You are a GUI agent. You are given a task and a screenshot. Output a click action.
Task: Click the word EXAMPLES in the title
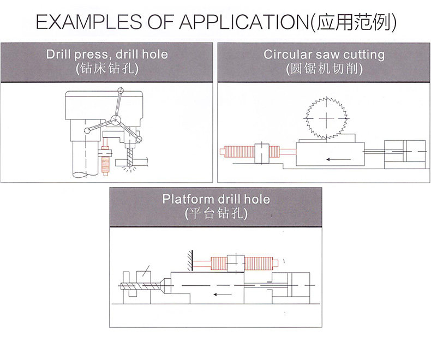coord(89,22)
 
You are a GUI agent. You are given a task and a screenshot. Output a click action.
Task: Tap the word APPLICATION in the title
coord(244,22)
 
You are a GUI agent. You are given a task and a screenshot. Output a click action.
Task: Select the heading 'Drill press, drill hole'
coord(107,54)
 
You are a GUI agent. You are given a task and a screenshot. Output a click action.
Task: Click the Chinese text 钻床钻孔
coord(107,68)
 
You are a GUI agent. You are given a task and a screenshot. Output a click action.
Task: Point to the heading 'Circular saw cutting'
coord(324,54)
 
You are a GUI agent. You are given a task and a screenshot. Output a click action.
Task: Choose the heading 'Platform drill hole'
coord(216,199)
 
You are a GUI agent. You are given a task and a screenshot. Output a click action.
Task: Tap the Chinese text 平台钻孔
coord(216,213)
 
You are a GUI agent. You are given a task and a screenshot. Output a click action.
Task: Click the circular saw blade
coord(327,118)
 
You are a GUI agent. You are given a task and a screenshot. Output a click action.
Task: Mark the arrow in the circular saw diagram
coord(339,159)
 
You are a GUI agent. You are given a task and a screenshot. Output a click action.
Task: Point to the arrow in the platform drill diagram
coord(223,295)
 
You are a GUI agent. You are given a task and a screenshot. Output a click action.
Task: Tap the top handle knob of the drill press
coord(121,91)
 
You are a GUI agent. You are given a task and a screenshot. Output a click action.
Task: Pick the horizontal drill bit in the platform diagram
coord(140,286)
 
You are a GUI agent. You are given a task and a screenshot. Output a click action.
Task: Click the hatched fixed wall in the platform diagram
coord(190,261)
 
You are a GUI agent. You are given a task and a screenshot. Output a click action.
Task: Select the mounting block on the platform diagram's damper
coord(236,263)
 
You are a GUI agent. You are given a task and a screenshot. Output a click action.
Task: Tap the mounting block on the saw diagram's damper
coord(262,153)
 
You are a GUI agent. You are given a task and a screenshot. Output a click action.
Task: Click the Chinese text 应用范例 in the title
coord(353,22)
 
